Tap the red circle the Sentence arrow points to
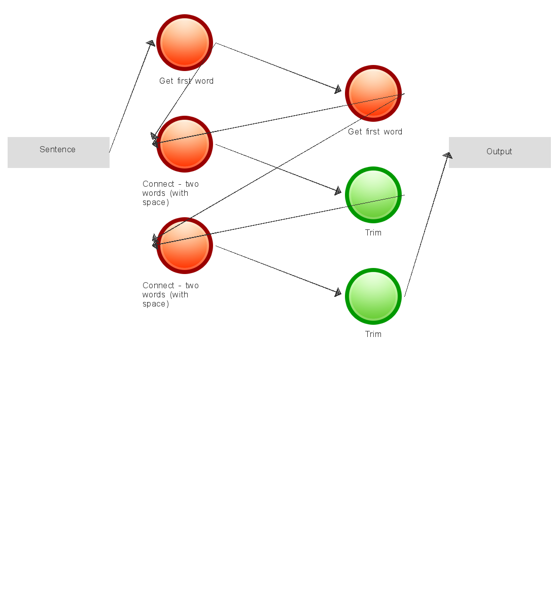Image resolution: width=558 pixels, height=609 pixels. [185, 43]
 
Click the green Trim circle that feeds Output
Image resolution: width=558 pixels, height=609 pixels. [373, 296]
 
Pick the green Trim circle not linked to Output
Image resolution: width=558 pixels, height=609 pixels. [373, 195]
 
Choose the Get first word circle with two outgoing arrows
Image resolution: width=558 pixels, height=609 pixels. [373, 93]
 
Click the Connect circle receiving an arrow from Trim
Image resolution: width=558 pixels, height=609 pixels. [185, 246]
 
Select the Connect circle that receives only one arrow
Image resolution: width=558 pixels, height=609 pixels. [185, 144]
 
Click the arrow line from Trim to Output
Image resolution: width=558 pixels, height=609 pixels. [426, 226]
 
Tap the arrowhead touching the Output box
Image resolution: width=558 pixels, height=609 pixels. [447, 156]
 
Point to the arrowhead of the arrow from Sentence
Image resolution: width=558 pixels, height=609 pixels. [150, 44]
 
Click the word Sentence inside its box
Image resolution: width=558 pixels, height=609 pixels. [57, 150]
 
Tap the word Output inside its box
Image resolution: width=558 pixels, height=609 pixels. [499, 152]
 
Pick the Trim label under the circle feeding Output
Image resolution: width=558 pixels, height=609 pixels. [373, 334]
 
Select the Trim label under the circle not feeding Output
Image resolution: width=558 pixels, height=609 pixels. [373, 233]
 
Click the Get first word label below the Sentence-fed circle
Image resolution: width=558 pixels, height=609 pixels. [186, 81]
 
